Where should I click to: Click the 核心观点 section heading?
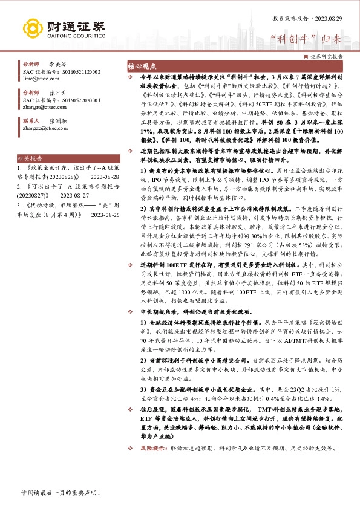pyautogui.click(x=140, y=66)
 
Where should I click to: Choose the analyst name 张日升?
pyautogui.click(x=57, y=92)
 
